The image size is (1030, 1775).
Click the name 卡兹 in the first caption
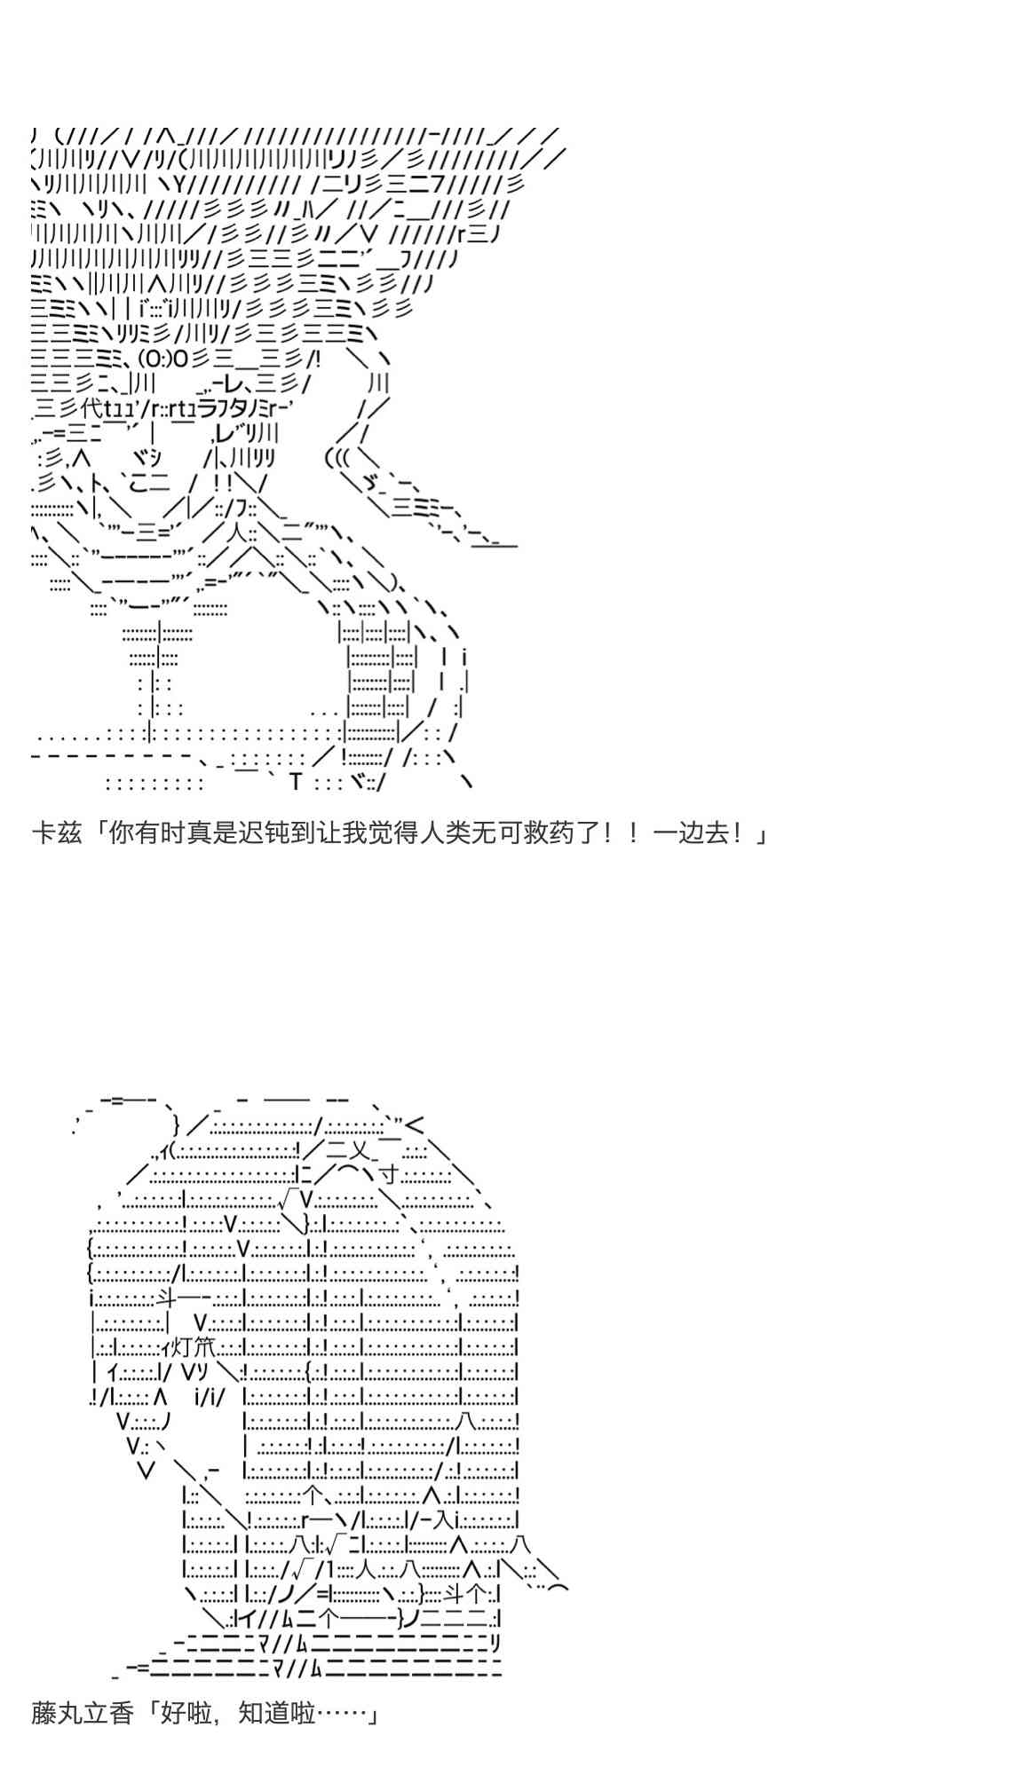tap(57, 834)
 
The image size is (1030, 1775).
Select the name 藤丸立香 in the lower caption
tap(83, 1712)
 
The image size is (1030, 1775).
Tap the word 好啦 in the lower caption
tap(186, 1712)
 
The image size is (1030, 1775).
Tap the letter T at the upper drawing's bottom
tap(296, 782)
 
